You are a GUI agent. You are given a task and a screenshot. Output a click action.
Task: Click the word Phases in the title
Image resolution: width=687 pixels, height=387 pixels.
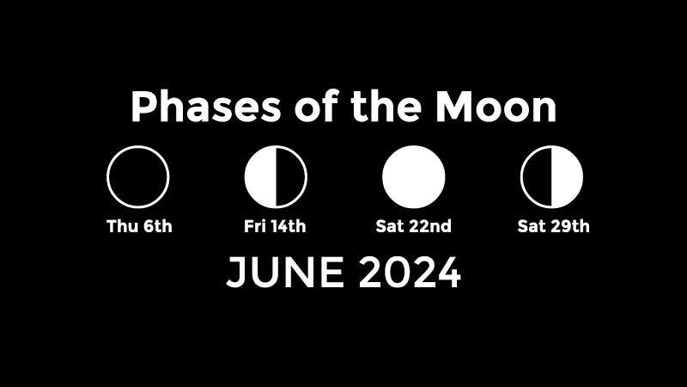[205, 107]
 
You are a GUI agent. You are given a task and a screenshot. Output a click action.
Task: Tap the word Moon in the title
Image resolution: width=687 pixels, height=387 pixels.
[496, 107]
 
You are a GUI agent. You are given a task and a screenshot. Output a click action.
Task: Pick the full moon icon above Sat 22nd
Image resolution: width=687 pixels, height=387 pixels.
[414, 177]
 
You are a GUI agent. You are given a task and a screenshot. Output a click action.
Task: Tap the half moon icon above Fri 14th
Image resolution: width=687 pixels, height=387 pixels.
[276, 177]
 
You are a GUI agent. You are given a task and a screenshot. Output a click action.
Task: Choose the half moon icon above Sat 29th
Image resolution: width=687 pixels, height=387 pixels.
[551, 177]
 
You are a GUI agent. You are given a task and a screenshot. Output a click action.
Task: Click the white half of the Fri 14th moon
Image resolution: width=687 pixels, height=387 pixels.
[260, 177]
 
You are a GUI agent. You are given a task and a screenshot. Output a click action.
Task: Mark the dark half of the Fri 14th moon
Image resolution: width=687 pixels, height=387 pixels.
[290, 177]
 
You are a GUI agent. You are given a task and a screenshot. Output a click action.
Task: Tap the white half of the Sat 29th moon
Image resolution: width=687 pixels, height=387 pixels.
[568, 177]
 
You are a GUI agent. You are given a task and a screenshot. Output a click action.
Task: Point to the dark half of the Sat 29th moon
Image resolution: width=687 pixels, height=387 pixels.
[537, 177]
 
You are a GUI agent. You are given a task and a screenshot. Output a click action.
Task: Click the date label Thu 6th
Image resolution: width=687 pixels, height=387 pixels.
[139, 226]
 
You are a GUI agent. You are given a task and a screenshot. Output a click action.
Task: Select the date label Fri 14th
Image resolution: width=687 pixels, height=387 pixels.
[275, 226]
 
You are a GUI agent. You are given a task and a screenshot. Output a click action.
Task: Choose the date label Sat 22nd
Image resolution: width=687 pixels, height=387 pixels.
[413, 226]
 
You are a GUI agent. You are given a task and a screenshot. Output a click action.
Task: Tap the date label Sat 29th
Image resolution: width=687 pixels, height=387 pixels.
[553, 226]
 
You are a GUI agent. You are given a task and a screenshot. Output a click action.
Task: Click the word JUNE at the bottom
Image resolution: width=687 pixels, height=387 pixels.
[285, 273]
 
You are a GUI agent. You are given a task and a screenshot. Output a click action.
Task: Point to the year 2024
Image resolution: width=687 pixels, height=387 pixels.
[410, 273]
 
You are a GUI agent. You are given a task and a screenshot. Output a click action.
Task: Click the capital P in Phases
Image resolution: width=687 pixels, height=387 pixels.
[143, 107]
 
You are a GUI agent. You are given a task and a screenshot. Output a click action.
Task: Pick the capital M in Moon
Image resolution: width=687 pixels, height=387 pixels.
[453, 107]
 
